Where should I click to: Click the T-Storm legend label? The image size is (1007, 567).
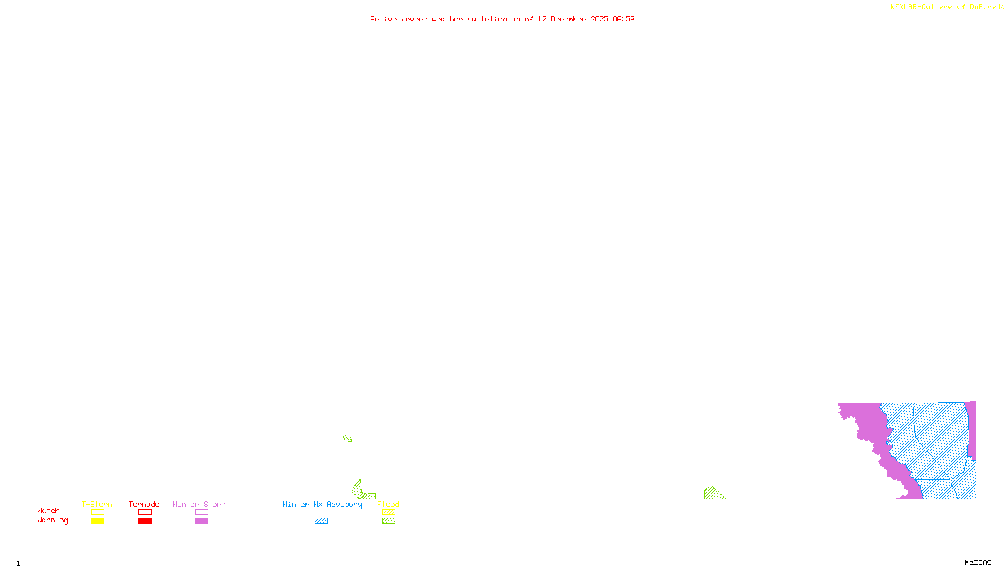[97, 504]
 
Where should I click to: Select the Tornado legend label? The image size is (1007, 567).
[144, 504]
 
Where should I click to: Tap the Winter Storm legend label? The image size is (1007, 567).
[199, 504]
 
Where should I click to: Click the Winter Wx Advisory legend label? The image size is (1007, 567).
[322, 504]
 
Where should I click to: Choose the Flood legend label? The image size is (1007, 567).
[388, 504]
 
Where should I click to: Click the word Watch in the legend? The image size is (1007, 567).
[48, 511]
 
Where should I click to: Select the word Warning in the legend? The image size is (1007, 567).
[53, 520]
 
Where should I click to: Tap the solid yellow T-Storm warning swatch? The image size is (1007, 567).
[98, 521]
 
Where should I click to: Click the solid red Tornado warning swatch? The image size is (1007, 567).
[145, 521]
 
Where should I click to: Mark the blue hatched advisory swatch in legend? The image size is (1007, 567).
[321, 521]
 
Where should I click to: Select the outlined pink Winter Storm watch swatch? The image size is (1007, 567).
[201, 512]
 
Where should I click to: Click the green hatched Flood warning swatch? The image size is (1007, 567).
[389, 521]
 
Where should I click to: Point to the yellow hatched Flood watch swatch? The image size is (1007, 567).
[389, 512]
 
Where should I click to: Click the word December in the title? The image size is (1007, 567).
[568, 19]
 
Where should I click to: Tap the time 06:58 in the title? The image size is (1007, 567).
[624, 19]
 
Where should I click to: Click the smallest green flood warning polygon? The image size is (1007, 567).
[347, 438]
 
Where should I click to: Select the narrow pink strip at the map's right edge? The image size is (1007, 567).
[971, 428]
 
